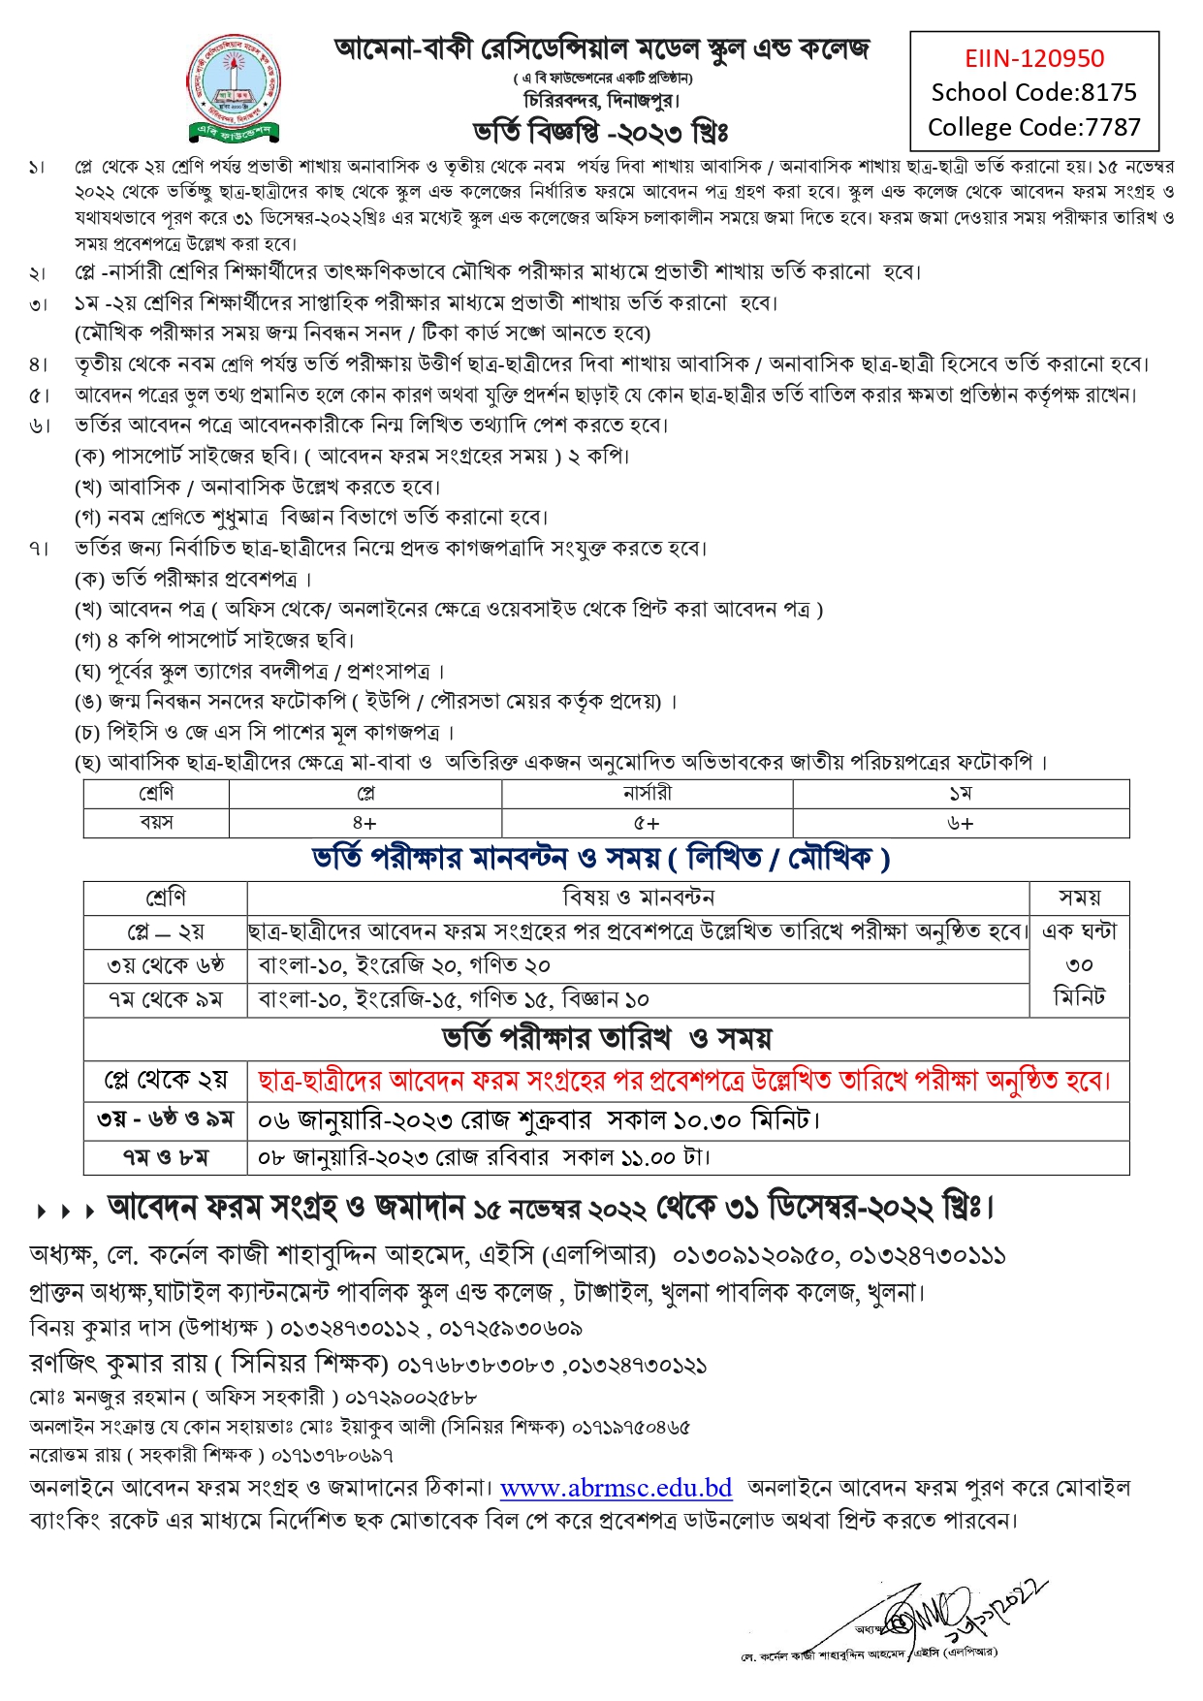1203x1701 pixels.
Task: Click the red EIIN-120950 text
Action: tap(1033, 58)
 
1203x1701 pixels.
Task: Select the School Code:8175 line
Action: tap(1033, 92)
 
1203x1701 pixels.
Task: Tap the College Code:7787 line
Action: tap(1033, 127)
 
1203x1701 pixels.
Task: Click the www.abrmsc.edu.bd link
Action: tap(616, 1488)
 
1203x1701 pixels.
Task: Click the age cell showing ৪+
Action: tap(364, 823)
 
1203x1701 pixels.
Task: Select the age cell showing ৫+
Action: tap(647, 823)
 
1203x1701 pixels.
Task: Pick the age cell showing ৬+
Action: tap(960, 823)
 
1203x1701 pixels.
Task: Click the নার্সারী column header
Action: tap(647, 794)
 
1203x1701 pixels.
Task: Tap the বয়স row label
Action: tap(156, 823)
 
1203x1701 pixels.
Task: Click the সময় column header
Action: tap(1079, 898)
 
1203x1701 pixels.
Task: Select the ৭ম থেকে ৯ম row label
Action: tap(165, 999)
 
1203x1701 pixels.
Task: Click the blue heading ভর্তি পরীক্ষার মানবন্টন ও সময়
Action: tap(601, 858)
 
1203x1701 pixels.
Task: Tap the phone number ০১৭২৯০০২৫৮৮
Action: tap(410, 1398)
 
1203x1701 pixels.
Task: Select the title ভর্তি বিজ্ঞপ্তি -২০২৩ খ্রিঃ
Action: tap(600, 131)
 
